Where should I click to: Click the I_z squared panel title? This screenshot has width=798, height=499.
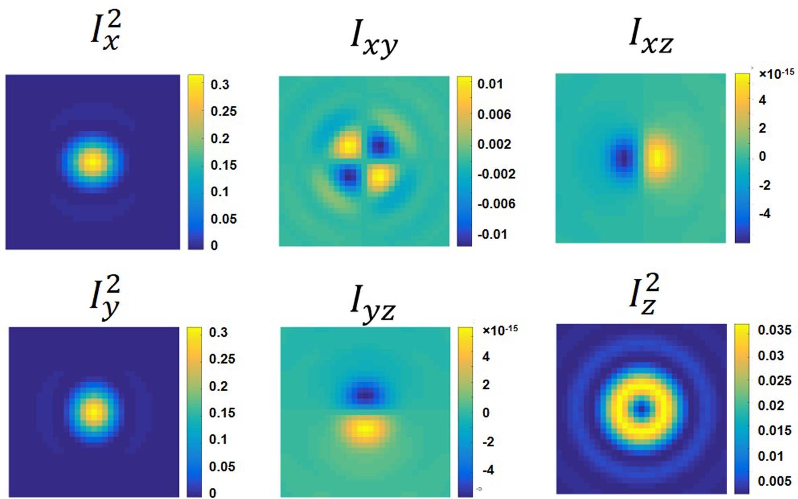tap(644, 295)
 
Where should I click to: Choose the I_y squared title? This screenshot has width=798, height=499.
tap(105, 297)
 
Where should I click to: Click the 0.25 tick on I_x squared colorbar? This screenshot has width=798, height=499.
tap(224, 111)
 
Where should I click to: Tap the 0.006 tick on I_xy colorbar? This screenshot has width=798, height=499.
tap(494, 114)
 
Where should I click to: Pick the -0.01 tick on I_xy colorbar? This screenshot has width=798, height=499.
tap(492, 234)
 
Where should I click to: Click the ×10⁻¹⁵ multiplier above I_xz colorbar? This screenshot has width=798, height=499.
tap(776, 74)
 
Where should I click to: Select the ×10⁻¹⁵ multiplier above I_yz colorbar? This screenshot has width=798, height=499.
tap(500, 331)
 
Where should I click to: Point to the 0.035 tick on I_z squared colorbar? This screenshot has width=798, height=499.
tap(774, 330)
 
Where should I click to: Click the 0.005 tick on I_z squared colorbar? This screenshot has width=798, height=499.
tap(774, 481)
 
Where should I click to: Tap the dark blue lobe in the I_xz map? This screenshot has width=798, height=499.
tap(623, 158)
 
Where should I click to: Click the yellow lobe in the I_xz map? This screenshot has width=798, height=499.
tap(659, 158)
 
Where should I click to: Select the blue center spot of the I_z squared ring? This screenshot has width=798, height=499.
tap(641, 409)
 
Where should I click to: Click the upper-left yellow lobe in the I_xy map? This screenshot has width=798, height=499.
tap(347, 146)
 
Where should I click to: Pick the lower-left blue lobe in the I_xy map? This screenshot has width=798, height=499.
tap(348, 176)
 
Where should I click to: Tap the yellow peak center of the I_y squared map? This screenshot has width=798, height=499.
tap(94, 412)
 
